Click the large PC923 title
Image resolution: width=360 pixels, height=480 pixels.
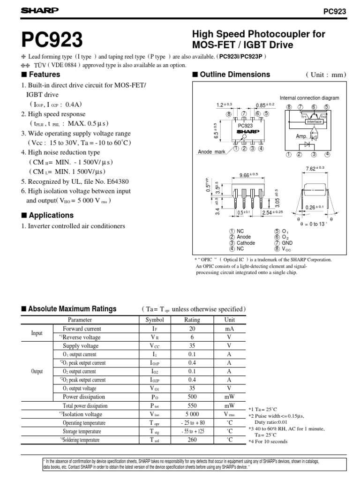(50, 40)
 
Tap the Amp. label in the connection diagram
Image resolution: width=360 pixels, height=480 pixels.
(301, 136)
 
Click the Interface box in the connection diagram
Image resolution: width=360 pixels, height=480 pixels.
(314, 121)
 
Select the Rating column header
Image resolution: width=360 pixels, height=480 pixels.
(192, 320)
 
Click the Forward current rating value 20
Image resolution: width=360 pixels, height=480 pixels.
(192, 329)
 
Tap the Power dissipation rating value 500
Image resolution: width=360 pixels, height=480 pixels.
(192, 397)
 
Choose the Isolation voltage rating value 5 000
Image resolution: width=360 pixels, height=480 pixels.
(192, 414)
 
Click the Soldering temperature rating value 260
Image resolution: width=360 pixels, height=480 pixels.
(192, 440)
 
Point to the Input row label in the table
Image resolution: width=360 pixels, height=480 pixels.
(37, 333)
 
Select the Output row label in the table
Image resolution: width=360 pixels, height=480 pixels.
(37, 371)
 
